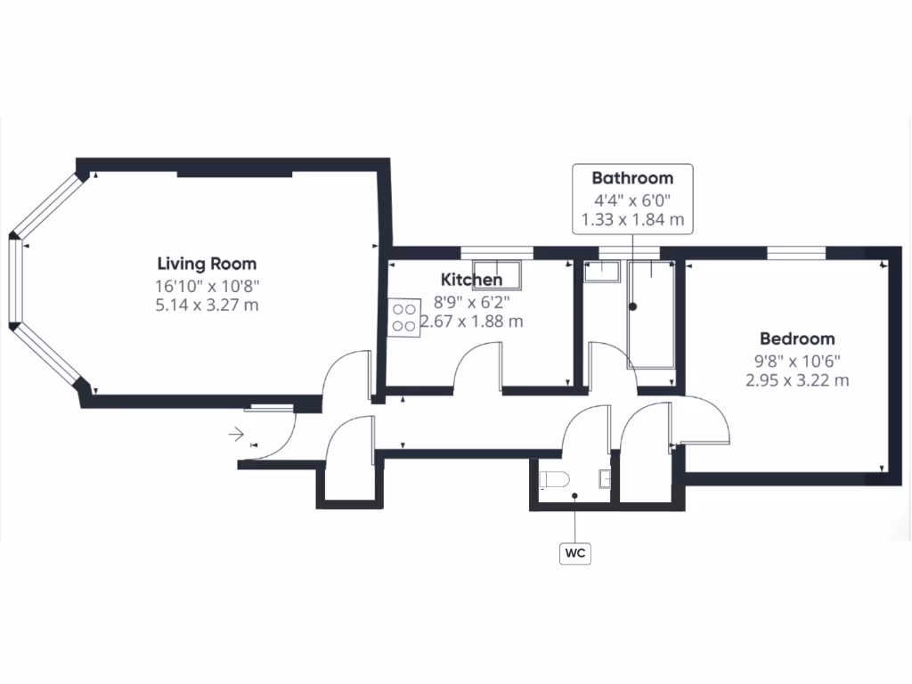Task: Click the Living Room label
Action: coord(207,264)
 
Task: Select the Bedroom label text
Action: coord(797,338)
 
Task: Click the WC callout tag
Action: coord(575,553)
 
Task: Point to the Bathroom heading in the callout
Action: coord(632,178)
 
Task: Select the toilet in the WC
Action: coord(555,480)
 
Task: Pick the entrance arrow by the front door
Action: coord(237,435)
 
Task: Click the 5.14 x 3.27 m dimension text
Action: coord(207,305)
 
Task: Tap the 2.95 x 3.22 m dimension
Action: coord(797,380)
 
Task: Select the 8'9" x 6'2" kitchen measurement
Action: coord(471,302)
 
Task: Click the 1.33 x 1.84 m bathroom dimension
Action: coord(631,219)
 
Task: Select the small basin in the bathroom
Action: coord(600,269)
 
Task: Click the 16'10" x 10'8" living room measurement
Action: coord(207,286)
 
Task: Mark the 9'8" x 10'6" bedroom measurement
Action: coord(797,361)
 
